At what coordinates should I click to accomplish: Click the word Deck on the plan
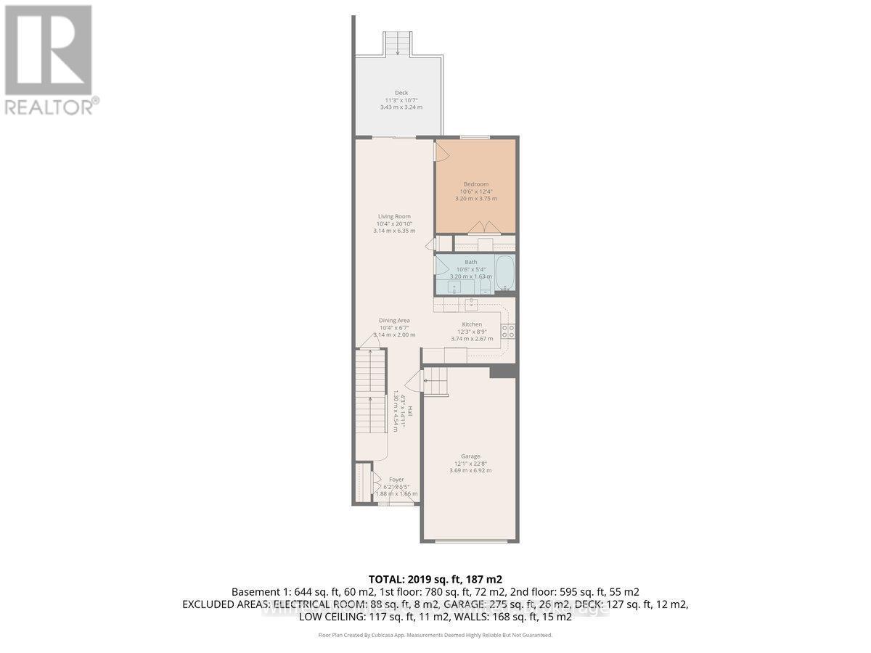coord(401,92)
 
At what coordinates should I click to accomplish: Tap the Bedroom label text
coord(475,184)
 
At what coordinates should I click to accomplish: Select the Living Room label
coord(394,216)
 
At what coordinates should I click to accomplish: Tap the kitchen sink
coord(472,303)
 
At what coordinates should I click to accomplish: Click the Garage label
coord(470,456)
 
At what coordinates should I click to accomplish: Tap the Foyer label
coord(396,480)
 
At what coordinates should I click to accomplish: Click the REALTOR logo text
coord(51,107)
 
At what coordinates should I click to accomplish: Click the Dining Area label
coord(394,320)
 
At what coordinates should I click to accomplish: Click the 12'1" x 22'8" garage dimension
coord(470,464)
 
